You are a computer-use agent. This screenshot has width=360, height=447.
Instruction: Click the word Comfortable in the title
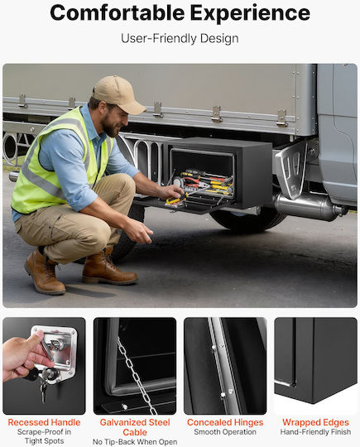(x=118, y=13)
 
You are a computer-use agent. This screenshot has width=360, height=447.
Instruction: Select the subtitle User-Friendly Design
(x=180, y=38)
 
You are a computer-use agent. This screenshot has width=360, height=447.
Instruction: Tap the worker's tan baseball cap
(x=119, y=94)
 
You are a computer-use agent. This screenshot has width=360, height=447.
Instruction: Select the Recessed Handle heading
(x=44, y=422)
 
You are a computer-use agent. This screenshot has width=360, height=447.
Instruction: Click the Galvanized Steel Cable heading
(x=135, y=427)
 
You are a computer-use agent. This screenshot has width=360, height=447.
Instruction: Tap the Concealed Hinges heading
(x=225, y=422)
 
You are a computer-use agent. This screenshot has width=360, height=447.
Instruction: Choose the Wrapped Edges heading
(x=315, y=422)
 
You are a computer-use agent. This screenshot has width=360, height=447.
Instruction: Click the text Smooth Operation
(x=225, y=432)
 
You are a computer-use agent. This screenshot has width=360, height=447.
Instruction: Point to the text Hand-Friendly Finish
(x=315, y=432)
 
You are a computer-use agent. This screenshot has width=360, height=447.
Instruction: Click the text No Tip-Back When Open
(x=135, y=442)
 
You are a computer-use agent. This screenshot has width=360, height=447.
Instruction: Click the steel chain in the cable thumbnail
(x=137, y=377)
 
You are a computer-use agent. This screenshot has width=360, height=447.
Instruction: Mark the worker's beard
(x=110, y=126)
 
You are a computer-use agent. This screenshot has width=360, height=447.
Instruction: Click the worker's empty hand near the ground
(x=140, y=230)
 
